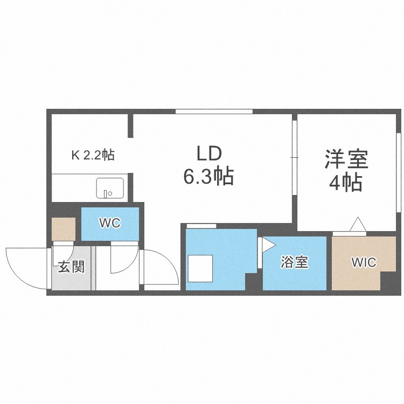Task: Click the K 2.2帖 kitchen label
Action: tap(93, 156)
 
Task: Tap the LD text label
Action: tap(208, 155)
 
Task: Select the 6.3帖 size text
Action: tap(208, 176)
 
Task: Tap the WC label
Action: tap(109, 223)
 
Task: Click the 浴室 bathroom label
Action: tap(294, 263)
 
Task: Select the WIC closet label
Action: tap(364, 262)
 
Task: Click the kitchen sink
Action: tap(110, 189)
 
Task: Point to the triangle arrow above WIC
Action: tap(357, 224)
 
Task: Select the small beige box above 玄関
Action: tap(64, 229)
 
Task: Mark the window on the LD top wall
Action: tap(214, 112)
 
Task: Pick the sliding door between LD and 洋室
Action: tap(295, 157)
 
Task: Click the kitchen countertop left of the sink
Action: tap(73, 189)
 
